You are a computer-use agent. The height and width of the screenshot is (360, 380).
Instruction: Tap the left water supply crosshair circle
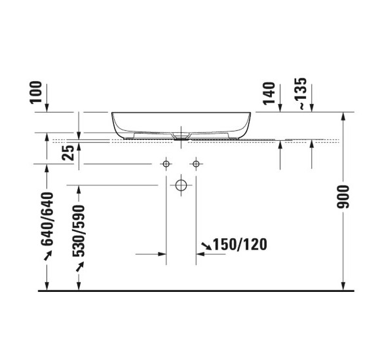coord(166,162)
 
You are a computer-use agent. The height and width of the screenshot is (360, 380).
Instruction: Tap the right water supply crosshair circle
coord(195,162)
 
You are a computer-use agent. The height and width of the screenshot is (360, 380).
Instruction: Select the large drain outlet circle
coord(181,185)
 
